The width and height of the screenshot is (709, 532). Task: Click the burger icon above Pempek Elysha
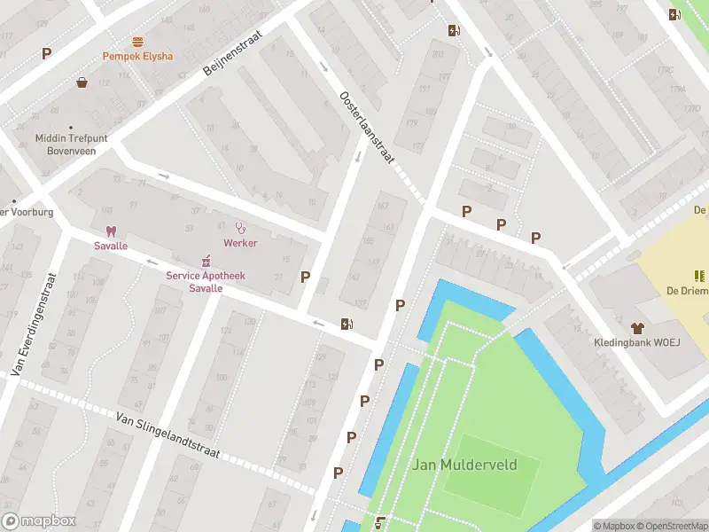pos(137,42)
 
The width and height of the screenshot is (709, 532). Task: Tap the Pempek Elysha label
pos(137,56)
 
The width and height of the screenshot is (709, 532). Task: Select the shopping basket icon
pos(82,82)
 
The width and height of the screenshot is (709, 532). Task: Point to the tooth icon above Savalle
pos(111,231)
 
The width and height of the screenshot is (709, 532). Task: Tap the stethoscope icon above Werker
pos(240,228)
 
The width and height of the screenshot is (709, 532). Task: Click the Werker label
pos(240,243)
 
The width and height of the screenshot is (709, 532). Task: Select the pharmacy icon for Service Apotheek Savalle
pos(206,260)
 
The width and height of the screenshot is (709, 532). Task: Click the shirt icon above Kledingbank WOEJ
pos(635,327)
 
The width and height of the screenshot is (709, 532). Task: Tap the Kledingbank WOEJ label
pos(635,342)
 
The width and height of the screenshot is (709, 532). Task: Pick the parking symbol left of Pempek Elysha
pos(46,53)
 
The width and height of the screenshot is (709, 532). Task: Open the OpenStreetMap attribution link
pos(670,526)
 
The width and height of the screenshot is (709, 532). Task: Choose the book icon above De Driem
pos(697,277)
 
